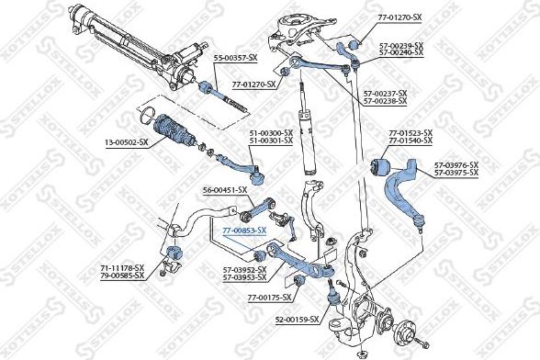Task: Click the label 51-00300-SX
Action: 269,134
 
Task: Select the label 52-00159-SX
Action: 296,320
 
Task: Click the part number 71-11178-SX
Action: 123,267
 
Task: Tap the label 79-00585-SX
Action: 123,275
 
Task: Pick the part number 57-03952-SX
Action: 244,269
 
